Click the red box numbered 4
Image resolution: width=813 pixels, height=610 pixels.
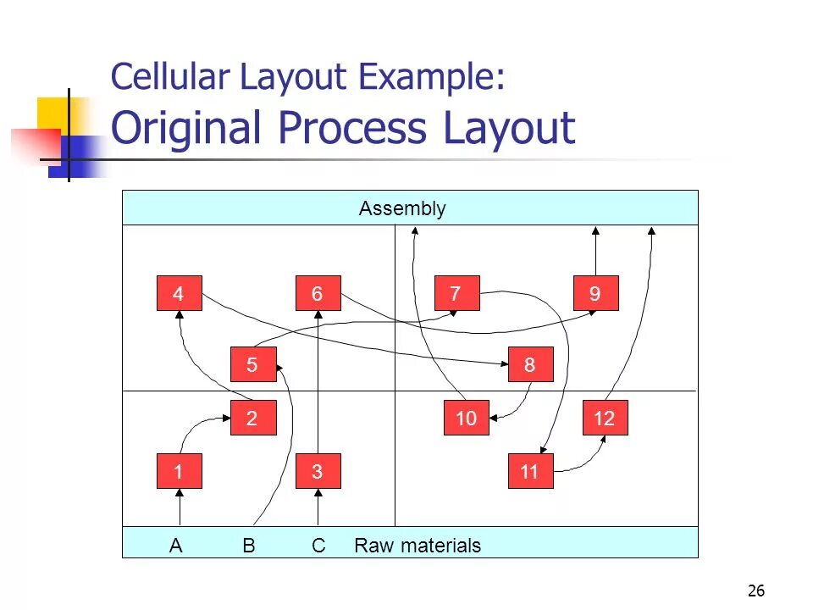click(x=179, y=294)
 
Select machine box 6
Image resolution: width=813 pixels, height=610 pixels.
click(x=318, y=294)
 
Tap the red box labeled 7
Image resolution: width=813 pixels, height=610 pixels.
click(x=456, y=294)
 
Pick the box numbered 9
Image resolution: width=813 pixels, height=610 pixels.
click(x=595, y=294)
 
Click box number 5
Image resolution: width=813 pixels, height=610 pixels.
click(x=252, y=365)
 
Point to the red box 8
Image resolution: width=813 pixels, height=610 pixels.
click(x=530, y=365)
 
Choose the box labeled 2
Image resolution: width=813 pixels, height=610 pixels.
click(x=252, y=419)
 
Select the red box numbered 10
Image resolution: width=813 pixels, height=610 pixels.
click(x=466, y=419)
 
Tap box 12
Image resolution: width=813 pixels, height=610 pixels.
click(x=605, y=419)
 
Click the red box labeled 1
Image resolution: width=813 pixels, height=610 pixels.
click(x=179, y=472)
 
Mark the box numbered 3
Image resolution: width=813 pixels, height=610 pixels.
click(x=318, y=472)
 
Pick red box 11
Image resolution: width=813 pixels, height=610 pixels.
click(x=530, y=472)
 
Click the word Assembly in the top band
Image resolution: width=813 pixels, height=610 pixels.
click(x=402, y=208)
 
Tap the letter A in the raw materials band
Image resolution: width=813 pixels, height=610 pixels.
click(x=176, y=546)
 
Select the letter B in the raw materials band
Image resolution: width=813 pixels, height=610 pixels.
click(x=249, y=546)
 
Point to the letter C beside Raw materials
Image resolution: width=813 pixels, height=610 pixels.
click(x=318, y=546)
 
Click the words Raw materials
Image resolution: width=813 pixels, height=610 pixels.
click(x=418, y=546)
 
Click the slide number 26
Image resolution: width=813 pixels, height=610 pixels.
click(x=756, y=591)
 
